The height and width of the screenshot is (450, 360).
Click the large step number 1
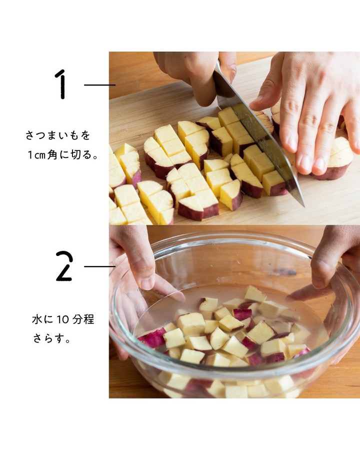pyautogui.click(x=61, y=84)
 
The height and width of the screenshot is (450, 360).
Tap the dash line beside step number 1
pyautogui.click(x=99, y=85)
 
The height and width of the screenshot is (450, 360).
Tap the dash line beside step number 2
pyautogui.click(x=99, y=266)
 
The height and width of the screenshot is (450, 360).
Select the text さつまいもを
pyautogui.click(x=58, y=135)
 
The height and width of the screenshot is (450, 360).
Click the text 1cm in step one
pyautogui.click(x=36, y=155)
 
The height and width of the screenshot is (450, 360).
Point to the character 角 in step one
pyautogui.click(x=52, y=155)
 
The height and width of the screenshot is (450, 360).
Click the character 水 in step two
pyautogui.click(x=37, y=319)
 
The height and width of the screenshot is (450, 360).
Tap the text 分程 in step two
pyautogui.click(x=83, y=319)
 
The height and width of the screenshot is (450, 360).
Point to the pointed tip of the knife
pyautogui.click(x=303, y=206)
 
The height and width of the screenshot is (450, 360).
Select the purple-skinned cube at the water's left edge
pyautogui.click(x=152, y=337)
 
